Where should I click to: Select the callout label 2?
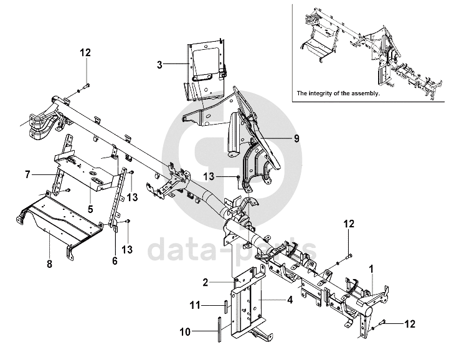pos(204,282)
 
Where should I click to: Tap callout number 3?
pos(159,64)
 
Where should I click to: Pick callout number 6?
pos(114,261)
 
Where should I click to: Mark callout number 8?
pos(49,263)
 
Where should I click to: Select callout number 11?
pos(194,305)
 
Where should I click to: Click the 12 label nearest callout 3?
pos(85,52)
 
